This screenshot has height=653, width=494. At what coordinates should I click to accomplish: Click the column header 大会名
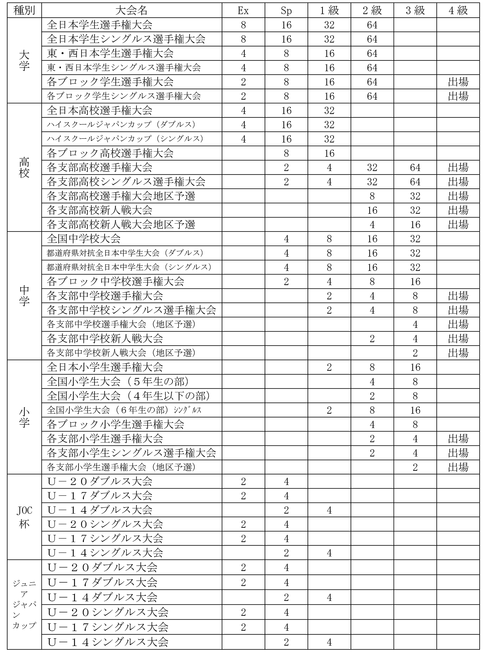[131, 11]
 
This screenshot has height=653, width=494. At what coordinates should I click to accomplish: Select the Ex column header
[243, 11]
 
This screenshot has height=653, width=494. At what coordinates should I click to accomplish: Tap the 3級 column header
[415, 11]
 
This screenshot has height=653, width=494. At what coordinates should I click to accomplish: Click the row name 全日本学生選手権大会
[99, 25]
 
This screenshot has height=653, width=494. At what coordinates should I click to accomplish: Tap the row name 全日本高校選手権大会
[99, 110]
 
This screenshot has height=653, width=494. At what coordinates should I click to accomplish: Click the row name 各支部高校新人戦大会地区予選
[121, 225]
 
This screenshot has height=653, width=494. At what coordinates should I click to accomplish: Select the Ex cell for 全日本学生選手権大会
[243, 25]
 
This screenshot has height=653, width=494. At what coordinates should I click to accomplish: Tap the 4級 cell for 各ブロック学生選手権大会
[458, 82]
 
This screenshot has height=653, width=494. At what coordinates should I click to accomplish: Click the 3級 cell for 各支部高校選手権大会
[415, 167]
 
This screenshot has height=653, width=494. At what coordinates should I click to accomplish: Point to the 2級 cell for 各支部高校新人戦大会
[372, 210]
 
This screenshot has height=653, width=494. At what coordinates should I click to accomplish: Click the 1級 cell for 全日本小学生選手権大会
[329, 367]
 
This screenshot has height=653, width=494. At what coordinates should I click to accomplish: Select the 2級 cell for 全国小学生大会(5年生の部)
[372, 382]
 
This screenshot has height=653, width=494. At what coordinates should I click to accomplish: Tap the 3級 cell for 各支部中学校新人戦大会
[415, 339]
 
